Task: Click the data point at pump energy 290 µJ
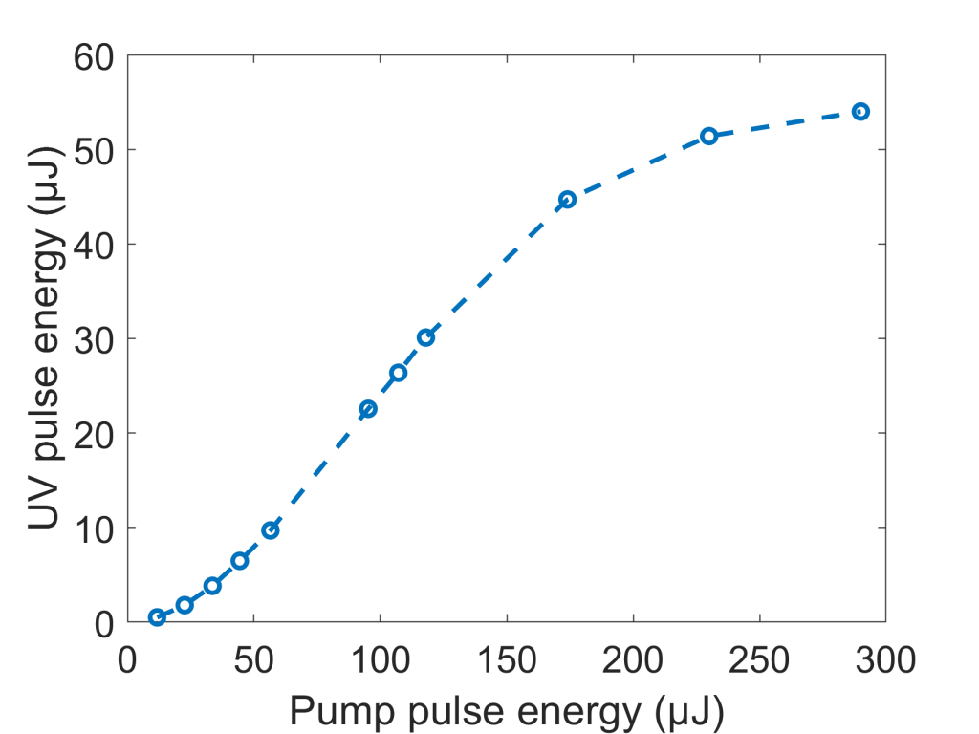[860, 112]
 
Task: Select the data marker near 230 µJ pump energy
[708, 136]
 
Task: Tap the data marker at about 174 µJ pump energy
[567, 200]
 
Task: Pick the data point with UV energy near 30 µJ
[425, 337]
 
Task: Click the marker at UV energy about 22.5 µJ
[368, 409]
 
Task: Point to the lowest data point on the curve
[157, 617]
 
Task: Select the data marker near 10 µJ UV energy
[271, 530]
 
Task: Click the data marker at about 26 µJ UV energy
[398, 373]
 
